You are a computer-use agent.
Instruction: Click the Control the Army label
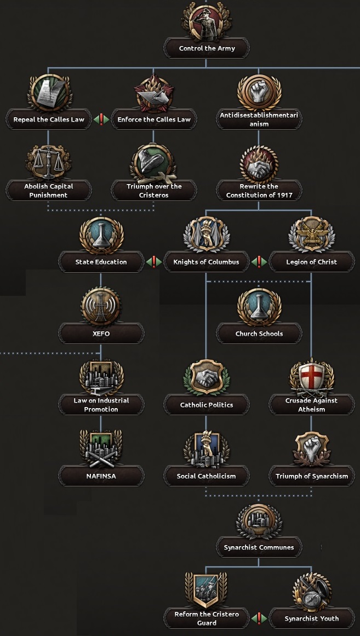pos(207,48)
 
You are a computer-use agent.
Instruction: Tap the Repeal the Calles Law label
pos(49,119)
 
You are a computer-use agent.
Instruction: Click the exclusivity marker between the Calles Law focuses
pos(101,119)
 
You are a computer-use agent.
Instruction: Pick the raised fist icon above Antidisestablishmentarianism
pos(259,92)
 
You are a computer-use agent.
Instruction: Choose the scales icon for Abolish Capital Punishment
pos(49,163)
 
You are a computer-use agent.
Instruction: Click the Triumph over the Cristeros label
pos(154,191)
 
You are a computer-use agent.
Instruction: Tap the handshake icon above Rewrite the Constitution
pos(259,163)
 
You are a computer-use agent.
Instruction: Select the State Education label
pos(101,262)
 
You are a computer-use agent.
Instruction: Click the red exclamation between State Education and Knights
pos(153,262)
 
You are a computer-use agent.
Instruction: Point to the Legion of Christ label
pos(311,262)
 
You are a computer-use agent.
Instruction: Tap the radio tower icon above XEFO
pos(101,306)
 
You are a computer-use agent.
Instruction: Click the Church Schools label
pos(259,334)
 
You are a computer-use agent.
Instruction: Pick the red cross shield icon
pos(311,377)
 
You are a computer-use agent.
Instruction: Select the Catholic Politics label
pos(207,405)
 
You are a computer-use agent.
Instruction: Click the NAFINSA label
pos(101,476)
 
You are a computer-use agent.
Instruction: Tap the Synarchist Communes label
pos(259,547)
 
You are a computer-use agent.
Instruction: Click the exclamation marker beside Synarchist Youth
pos(259,618)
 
